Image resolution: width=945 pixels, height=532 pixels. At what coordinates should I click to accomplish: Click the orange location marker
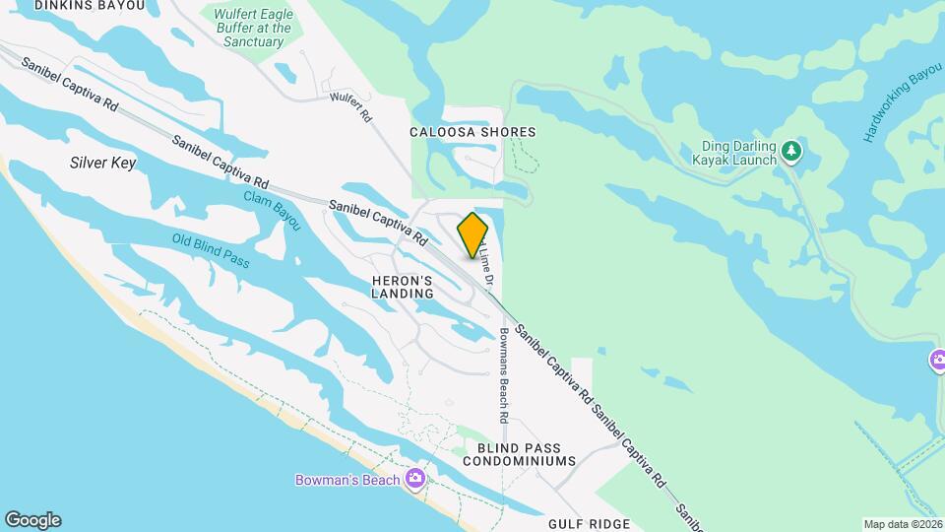click(473, 235)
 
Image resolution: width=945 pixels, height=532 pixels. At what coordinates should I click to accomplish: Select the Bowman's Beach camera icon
click(415, 479)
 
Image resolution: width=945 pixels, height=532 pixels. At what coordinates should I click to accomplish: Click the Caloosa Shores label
click(472, 132)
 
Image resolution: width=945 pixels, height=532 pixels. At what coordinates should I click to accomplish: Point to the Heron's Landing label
click(403, 287)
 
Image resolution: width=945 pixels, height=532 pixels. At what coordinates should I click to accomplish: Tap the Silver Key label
click(102, 163)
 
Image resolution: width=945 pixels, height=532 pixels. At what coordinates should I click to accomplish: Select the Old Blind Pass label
click(211, 251)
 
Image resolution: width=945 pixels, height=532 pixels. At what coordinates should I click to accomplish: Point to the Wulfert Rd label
click(350, 106)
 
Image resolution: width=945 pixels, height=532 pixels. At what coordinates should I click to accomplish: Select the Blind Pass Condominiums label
click(519, 453)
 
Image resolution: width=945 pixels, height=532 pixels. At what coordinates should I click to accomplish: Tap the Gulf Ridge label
click(589, 525)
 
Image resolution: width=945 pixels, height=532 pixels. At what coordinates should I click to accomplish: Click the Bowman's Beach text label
click(347, 480)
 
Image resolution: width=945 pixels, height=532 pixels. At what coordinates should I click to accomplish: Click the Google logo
click(32, 519)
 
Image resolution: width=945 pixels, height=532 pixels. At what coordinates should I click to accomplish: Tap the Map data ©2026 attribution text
click(902, 524)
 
